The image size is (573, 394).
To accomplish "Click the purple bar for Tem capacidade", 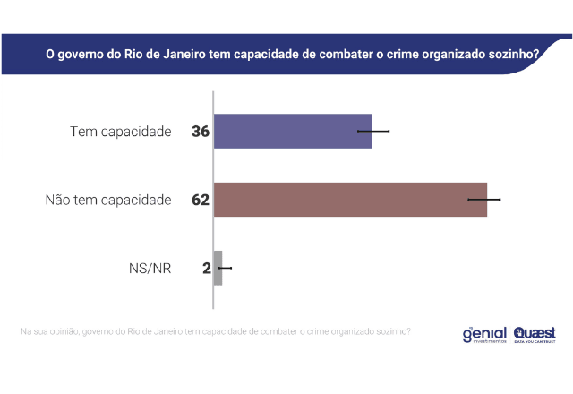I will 293,131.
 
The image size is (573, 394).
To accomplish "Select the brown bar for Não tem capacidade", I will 350,199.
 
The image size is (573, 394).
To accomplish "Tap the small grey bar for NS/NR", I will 218,268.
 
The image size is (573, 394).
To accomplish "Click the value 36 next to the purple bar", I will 200,132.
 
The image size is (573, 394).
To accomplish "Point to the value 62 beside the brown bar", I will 200,200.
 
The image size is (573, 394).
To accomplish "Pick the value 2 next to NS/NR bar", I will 206,268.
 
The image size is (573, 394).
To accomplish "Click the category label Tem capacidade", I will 120,132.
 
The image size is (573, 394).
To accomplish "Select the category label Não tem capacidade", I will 107,200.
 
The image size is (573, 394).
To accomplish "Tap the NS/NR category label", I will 150,268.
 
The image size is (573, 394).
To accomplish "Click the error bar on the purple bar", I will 373,131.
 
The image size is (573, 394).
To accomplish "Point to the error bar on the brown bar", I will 484,199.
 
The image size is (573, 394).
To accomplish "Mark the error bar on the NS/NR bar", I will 224,268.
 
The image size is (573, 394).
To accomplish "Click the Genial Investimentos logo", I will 483,334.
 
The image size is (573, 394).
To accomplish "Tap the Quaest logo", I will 534,334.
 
